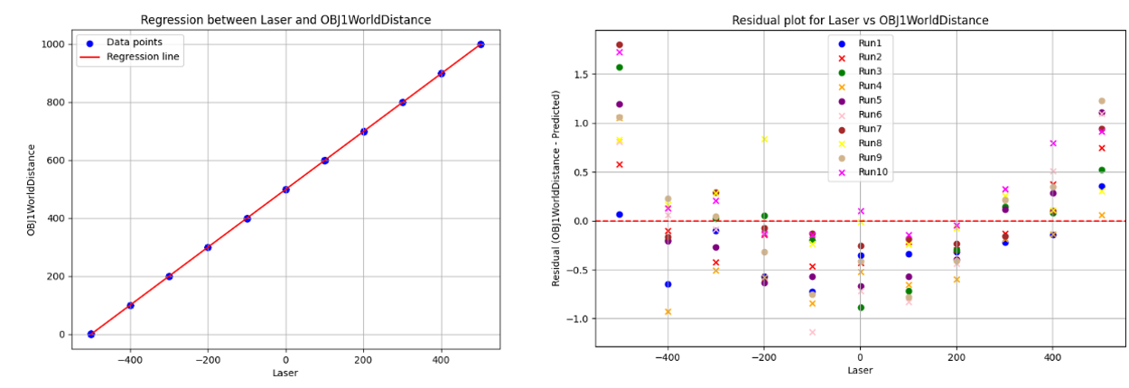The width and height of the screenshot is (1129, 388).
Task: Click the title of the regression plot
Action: point(286,20)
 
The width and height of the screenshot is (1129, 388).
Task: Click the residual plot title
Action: point(860,20)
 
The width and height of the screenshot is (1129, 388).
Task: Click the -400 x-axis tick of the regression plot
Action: point(130,360)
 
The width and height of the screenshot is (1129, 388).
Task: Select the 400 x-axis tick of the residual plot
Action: point(1052,357)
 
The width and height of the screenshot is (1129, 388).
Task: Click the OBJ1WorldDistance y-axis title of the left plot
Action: point(32,189)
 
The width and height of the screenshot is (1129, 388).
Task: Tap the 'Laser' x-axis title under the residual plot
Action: point(860,371)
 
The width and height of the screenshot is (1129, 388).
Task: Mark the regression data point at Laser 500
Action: point(481,44)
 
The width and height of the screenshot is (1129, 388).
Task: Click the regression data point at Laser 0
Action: point(285,189)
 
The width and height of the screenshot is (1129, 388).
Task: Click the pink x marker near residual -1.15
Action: point(812,332)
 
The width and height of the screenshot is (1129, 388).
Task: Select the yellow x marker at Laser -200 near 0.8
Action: point(764,139)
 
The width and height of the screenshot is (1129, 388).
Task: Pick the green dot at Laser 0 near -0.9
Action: point(861,308)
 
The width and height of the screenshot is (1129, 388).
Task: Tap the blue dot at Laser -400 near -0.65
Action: point(667,284)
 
